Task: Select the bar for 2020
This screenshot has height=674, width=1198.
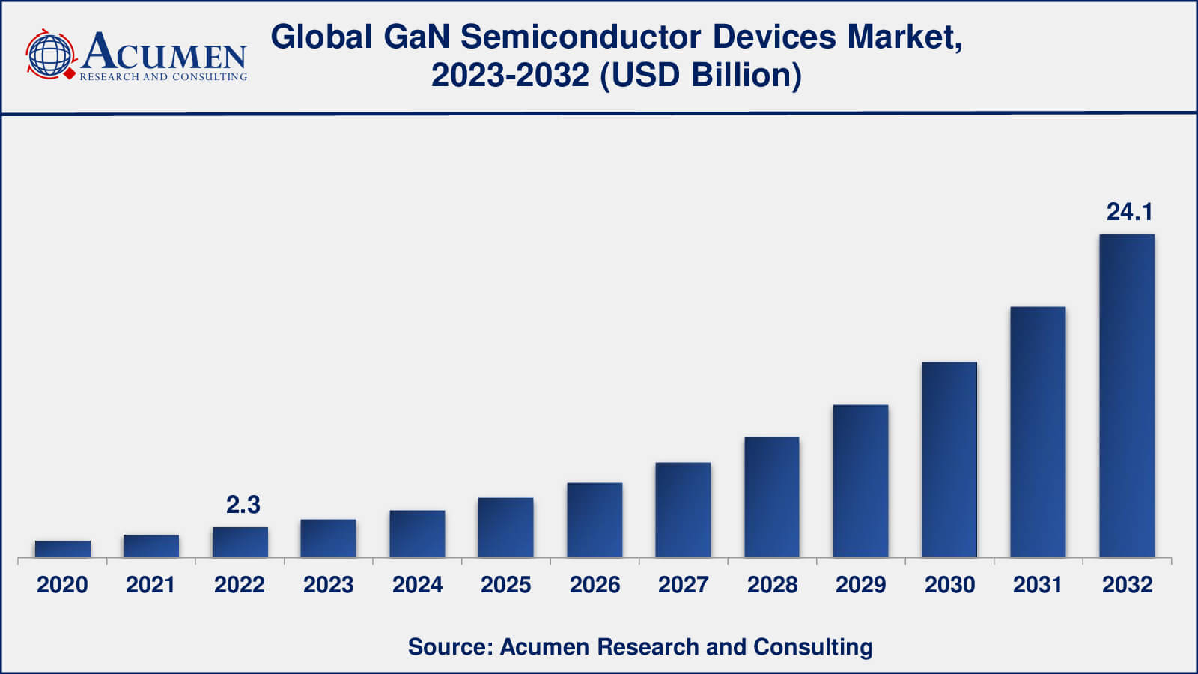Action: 63,549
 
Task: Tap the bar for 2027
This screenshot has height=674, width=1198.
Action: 683,510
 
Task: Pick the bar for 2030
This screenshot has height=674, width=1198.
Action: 949,460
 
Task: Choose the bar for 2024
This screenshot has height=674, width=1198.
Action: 417,534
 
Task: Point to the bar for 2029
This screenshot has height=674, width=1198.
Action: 860,481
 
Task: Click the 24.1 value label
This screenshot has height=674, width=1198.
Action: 1129,212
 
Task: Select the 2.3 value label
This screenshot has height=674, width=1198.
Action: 243,505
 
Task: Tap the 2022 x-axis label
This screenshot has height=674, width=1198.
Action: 240,585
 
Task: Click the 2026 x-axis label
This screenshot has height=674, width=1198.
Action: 595,585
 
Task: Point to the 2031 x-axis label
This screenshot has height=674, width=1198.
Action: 1038,585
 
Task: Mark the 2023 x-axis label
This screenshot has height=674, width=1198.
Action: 328,585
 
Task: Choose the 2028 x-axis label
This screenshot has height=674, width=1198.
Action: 772,585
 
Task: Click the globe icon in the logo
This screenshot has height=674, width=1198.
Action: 50,55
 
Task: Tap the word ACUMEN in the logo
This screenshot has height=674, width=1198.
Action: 164,52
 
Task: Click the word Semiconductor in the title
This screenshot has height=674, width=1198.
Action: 580,37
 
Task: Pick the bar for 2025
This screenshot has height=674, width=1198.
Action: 506,527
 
